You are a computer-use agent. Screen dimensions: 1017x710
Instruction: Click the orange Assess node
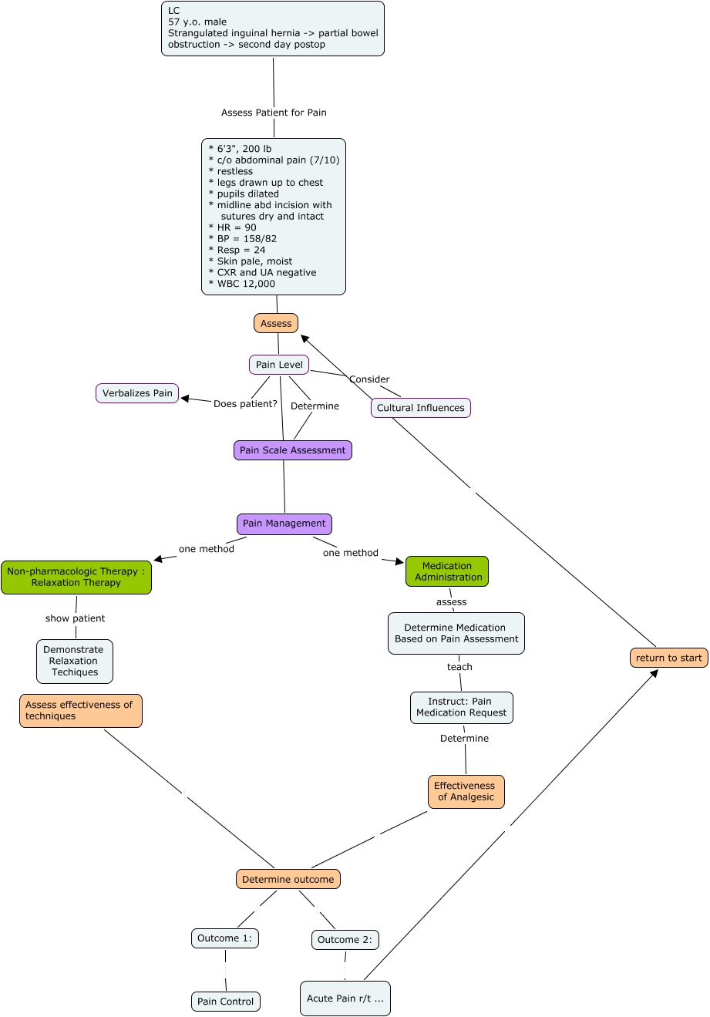point(276,323)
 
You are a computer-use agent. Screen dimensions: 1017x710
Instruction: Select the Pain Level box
point(279,365)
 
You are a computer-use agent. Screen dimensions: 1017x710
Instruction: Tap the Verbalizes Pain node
point(137,393)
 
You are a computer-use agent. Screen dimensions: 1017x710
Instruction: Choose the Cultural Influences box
point(421,408)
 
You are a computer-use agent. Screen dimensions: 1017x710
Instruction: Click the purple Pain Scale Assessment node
point(293,450)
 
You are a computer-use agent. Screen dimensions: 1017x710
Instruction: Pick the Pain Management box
point(284,524)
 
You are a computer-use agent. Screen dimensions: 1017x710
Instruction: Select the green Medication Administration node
point(447,571)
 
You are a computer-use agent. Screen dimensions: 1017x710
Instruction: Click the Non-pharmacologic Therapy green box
point(76,578)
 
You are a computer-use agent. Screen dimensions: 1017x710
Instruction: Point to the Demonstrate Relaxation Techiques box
point(75,661)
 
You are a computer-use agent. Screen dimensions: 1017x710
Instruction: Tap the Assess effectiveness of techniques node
point(81,711)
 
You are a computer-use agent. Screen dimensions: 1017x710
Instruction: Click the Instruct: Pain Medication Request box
point(462,707)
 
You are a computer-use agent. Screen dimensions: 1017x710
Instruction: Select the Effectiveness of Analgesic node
point(466,792)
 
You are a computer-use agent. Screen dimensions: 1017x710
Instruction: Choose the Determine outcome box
point(288,879)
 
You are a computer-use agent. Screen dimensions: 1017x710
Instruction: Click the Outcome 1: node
point(225,938)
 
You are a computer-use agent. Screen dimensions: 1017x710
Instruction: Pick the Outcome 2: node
point(345,940)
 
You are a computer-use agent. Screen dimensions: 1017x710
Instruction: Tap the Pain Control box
point(226,1002)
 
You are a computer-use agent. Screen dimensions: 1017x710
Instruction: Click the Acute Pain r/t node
point(345,998)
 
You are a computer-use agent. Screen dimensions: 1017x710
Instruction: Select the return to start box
point(669,658)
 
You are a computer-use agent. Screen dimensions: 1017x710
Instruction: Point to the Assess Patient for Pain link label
point(274,113)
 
